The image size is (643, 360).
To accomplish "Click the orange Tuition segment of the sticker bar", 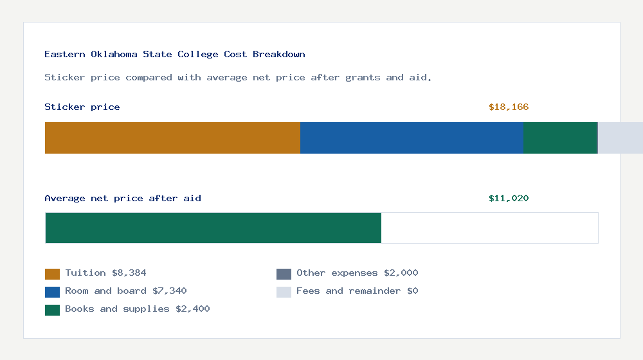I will [x=172, y=138].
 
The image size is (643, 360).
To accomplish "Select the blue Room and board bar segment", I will [x=412, y=138].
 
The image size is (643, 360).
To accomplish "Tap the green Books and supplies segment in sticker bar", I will [x=559, y=138].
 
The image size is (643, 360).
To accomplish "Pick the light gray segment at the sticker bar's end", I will [x=620, y=138].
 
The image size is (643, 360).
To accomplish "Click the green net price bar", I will [x=213, y=228].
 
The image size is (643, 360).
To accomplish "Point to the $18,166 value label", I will [x=509, y=107].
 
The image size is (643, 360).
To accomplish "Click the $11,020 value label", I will [x=509, y=198].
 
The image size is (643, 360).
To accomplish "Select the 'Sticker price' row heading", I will [x=82, y=107].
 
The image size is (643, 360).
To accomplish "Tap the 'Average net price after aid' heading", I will [x=123, y=198].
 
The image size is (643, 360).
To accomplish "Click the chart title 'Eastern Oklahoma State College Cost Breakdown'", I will [x=175, y=54].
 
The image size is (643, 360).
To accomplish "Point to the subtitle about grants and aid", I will [x=238, y=77].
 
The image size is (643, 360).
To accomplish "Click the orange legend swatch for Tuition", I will [x=52, y=274].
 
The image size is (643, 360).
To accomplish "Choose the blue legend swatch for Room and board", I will [x=52, y=292].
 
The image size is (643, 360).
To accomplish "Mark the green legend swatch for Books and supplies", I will [x=52, y=310].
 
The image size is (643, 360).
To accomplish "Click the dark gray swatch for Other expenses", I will [x=284, y=274].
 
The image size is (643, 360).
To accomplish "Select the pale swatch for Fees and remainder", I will [x=284, y=292].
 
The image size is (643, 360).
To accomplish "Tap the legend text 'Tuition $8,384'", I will [x=105, y=273].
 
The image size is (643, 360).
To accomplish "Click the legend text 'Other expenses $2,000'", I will [x=357, y=273].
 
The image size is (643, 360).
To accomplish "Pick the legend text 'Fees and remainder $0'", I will [x=357, y=291].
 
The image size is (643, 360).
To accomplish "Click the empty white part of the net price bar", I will [x=489, y=228].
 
